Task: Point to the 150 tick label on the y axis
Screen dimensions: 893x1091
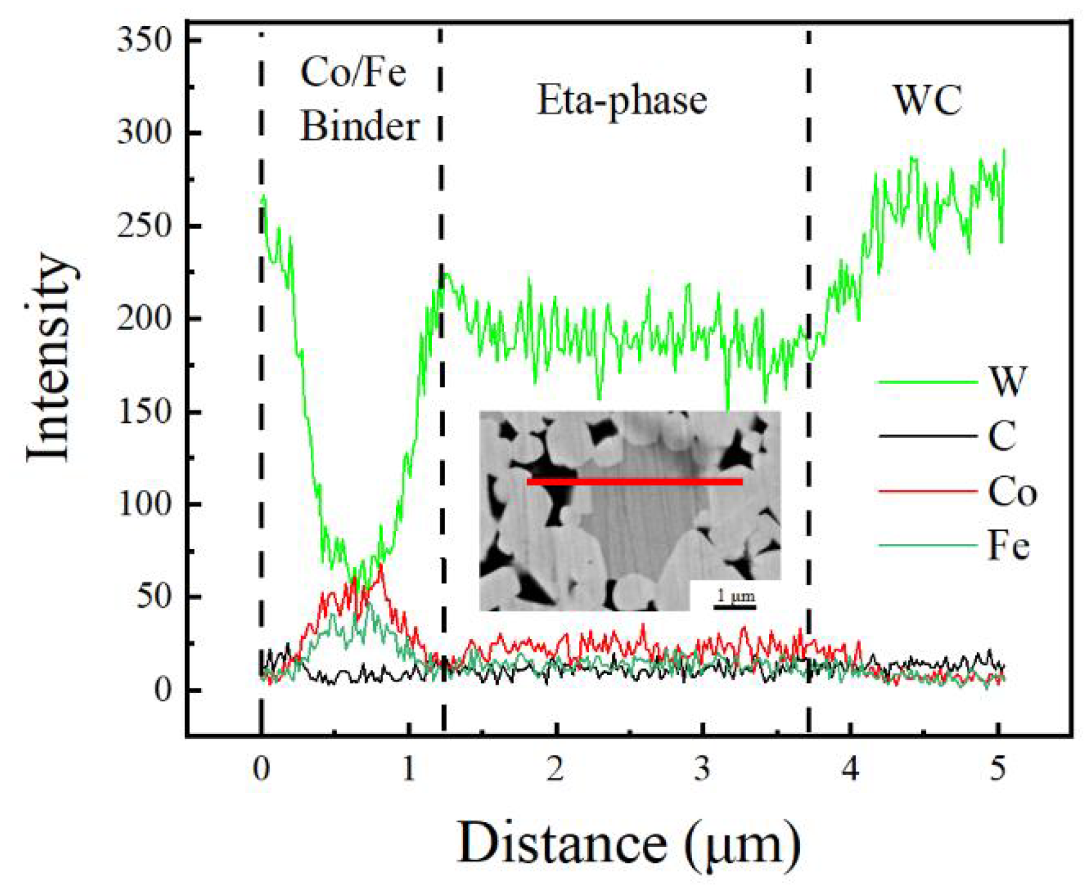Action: (x=145, y=412)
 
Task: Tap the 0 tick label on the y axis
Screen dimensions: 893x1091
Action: (x=163, y=690)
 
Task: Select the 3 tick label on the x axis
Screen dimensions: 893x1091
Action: (x=702, y=769)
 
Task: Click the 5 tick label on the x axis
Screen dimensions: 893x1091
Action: (x=997, y=769)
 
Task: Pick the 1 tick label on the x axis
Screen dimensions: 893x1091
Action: (x=408, y=769)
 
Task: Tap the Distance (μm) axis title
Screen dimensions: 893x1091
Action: (x=628, y=843)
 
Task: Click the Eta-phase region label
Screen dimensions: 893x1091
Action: (x=621, y=100)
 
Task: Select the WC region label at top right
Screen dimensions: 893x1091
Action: (x=928, y=100)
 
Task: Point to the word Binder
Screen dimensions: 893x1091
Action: (x=359, y=127)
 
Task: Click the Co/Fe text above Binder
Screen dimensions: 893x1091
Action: (x=353, y=73)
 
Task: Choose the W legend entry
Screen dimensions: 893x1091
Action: (x=1008, y=381)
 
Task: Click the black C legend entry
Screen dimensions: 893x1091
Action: (x=1002, y=436)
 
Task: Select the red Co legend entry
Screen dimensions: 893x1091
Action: (x=1012, y=492)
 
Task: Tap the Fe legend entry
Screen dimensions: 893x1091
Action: (x=1008, y=546)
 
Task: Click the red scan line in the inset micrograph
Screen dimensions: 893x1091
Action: (x=634, y=481)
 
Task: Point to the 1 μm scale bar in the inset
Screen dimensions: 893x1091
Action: (x=735, y=605)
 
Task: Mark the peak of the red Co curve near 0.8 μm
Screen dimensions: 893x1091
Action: (x=380, y=568)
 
